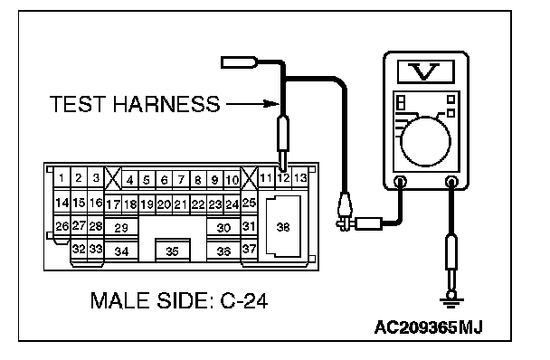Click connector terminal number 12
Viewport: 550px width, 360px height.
[283, 178]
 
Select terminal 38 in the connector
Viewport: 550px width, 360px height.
[283, 227]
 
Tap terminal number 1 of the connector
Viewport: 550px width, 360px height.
[62, 178]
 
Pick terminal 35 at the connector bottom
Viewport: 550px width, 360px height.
[172, 251]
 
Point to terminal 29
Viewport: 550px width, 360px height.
[121, 228]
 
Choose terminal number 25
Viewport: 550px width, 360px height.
[249, 203]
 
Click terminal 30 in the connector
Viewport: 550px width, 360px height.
[223, 228]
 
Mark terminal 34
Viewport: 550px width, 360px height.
[121, 251]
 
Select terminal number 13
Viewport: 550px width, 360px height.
[300, 178]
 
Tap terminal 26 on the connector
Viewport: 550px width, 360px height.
[62, 226]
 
